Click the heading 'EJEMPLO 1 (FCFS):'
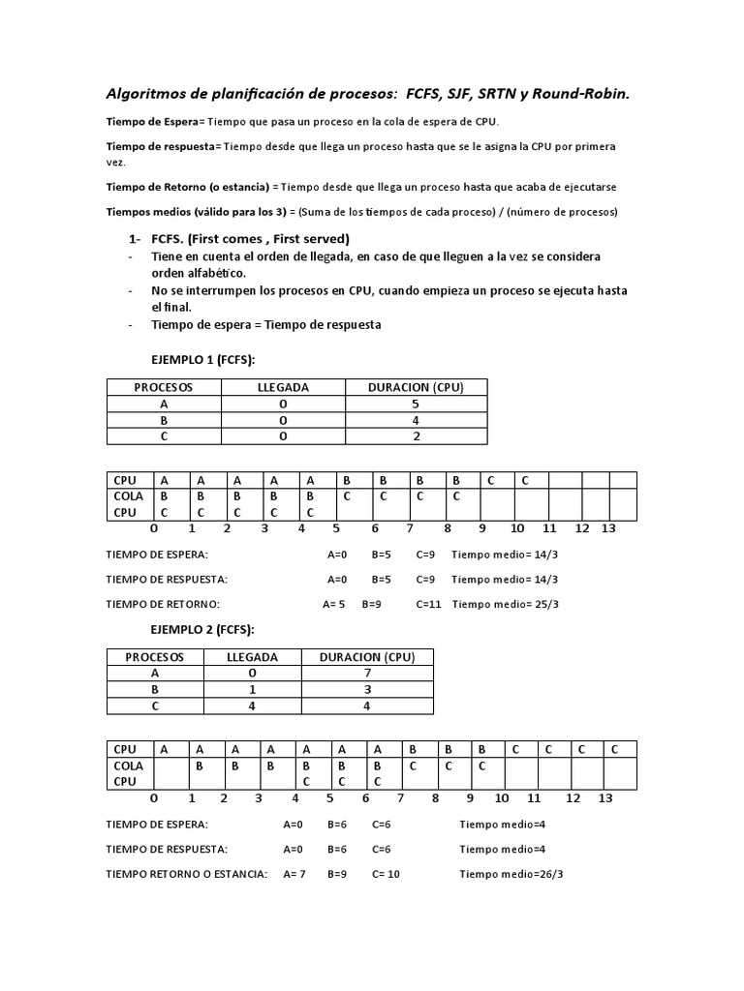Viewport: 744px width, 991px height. [x=202, y=359]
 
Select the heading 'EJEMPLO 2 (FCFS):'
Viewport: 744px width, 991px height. [x=202, y=629]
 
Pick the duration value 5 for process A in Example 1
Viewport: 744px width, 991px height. [x=416, y=405]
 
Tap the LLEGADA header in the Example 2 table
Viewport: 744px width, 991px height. [x=252, y=657]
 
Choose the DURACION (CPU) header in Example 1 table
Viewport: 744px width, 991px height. [x=416, y=387]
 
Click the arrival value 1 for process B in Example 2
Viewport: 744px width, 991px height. [x=252, y=690]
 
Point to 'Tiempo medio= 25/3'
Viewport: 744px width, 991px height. [x=506, y=604]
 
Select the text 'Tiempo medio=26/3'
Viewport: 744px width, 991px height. [x=511, y=874]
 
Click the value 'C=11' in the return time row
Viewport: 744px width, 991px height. [x=428, y=604]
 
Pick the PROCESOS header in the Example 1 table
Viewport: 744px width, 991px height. [x=164, y=387]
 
